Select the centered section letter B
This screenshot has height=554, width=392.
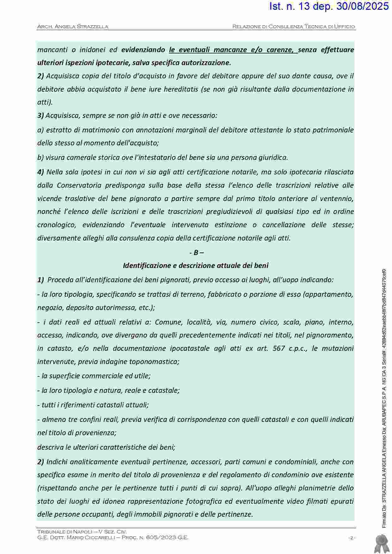[x=196, y=253]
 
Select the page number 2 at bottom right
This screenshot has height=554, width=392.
[x=351, y=538]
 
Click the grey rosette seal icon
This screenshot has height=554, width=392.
[x=381, y=543]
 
